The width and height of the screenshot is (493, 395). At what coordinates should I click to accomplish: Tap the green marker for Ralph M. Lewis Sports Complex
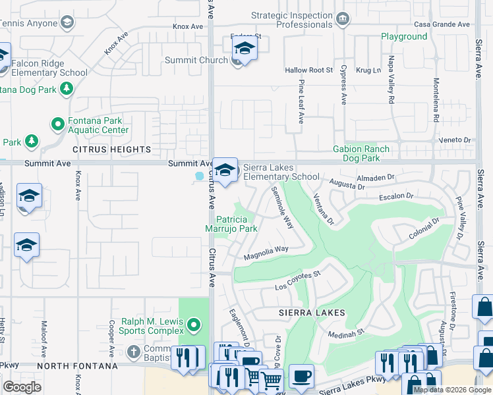point(193,324)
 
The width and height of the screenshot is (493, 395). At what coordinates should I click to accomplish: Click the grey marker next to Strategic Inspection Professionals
point(342,18)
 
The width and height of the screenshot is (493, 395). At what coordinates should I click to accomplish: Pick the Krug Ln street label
point(368,70)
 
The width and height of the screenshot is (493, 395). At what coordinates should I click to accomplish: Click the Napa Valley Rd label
point(390,88)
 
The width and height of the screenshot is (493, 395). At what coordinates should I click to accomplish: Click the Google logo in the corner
point(22,387)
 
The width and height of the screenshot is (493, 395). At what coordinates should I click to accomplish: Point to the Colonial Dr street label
point(424,231)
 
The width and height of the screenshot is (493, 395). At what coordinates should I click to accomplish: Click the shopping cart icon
point(271,381)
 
